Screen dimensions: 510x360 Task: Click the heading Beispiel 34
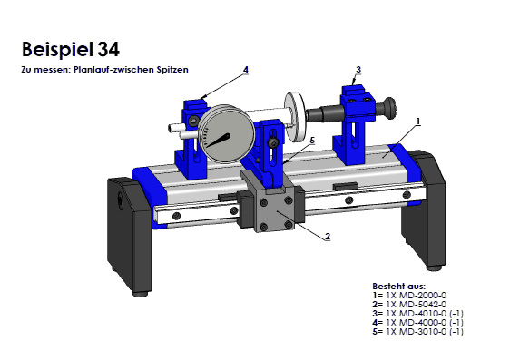(71, 49)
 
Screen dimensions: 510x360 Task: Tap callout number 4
(246, 70)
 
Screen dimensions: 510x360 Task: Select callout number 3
(358, 70)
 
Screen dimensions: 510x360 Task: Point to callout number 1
(418, 122)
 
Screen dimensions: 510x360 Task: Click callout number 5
(312, 141)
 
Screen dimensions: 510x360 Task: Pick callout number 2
(328, 236)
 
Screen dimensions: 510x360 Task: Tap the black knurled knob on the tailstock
(388, 108)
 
